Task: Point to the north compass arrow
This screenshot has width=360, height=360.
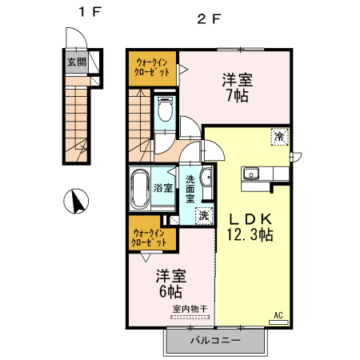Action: coord(78,202)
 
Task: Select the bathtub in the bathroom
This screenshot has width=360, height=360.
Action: coord(140,190)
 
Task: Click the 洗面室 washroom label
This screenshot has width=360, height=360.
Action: coord(192,188)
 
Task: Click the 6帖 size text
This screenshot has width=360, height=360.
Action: coord(170,292)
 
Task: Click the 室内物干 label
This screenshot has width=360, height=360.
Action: coord(189,309)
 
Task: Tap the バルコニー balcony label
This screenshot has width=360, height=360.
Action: coord(215,341)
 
